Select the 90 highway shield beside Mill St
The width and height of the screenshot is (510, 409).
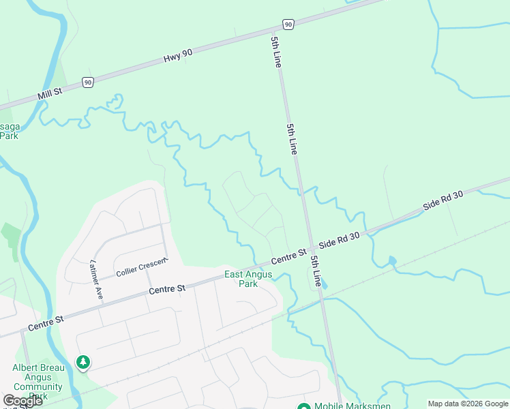click(x=87, y=82)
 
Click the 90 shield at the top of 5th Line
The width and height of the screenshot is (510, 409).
click(x=288, y=25)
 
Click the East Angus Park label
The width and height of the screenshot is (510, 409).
click(x=248, y=279)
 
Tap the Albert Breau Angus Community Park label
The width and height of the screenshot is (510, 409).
click(x=38, y=382)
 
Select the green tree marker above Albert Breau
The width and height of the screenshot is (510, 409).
click(x=82, y=362)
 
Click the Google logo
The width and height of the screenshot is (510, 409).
click(x=22, y=401)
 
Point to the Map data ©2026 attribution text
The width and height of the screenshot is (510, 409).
click(x=468, y=404)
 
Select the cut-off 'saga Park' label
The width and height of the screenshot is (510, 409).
click(x=10, y=131)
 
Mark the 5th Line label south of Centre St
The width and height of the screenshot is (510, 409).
click(x=316, y=271)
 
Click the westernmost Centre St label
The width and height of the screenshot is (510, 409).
click(x=46, y=323)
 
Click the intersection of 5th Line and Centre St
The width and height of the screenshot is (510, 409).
click(x=310, y=247)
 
